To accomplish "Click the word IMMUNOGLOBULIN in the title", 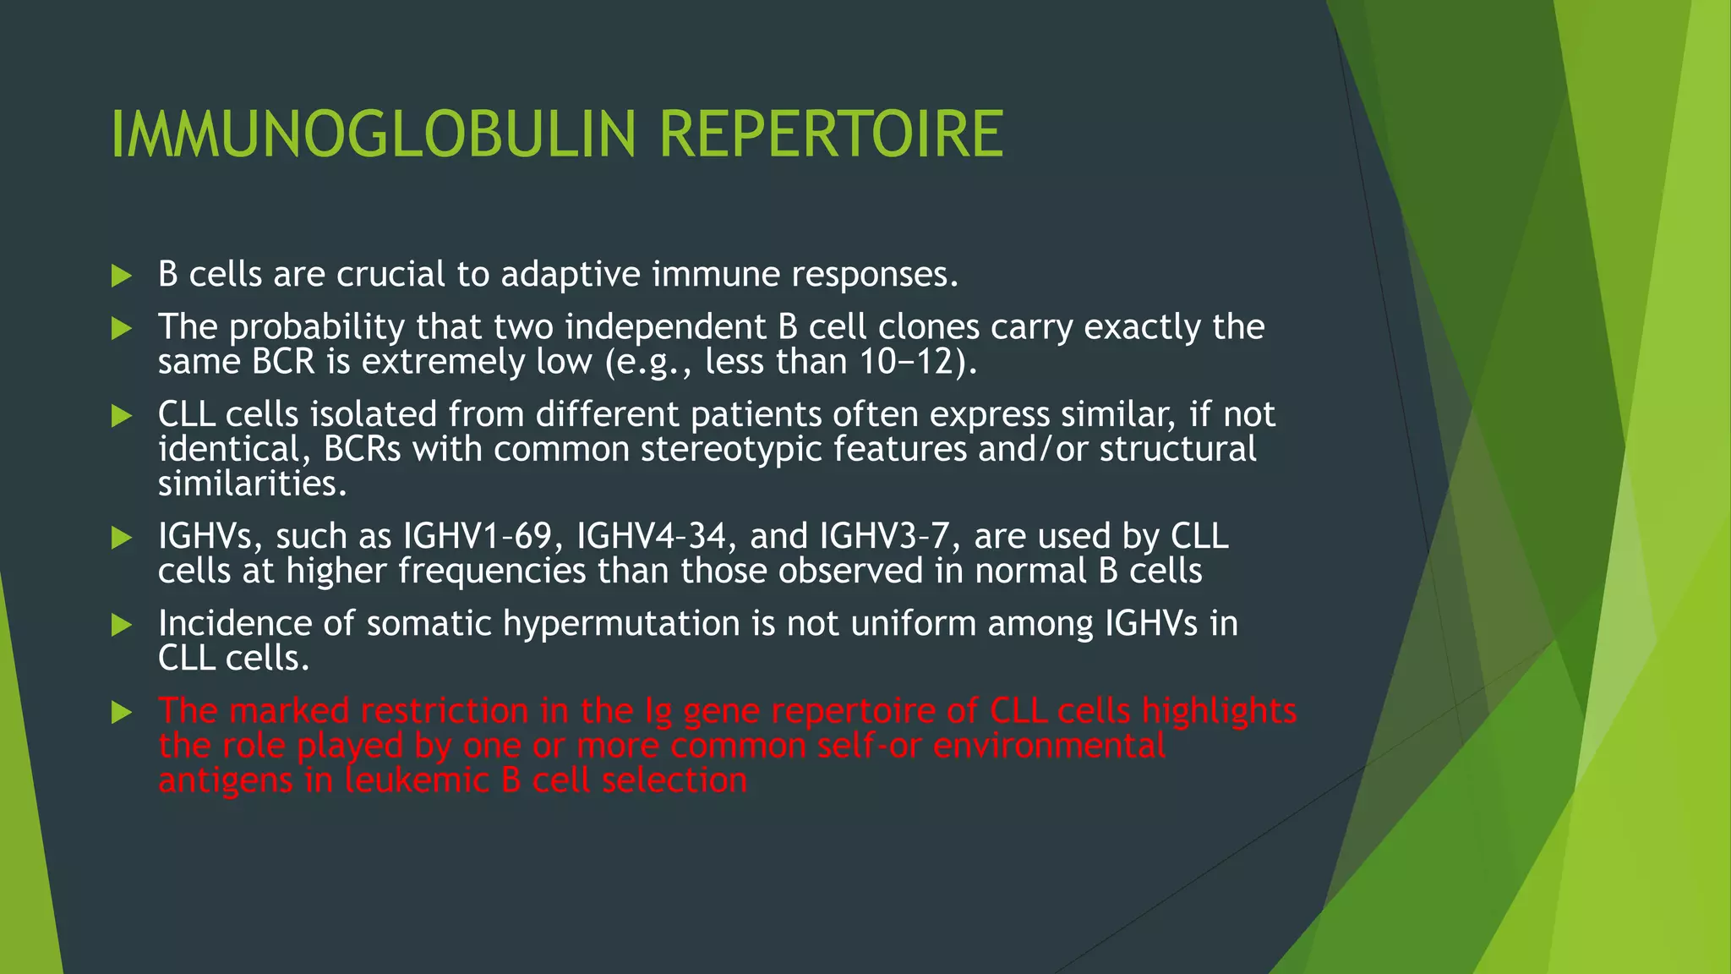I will (372, 135).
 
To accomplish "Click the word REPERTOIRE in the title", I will (831, 135).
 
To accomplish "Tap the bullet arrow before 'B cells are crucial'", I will (122, 276).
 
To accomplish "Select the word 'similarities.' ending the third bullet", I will (252, 484).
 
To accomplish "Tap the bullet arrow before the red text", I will (122, 713).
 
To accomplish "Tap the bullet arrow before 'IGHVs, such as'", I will (122, 538).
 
